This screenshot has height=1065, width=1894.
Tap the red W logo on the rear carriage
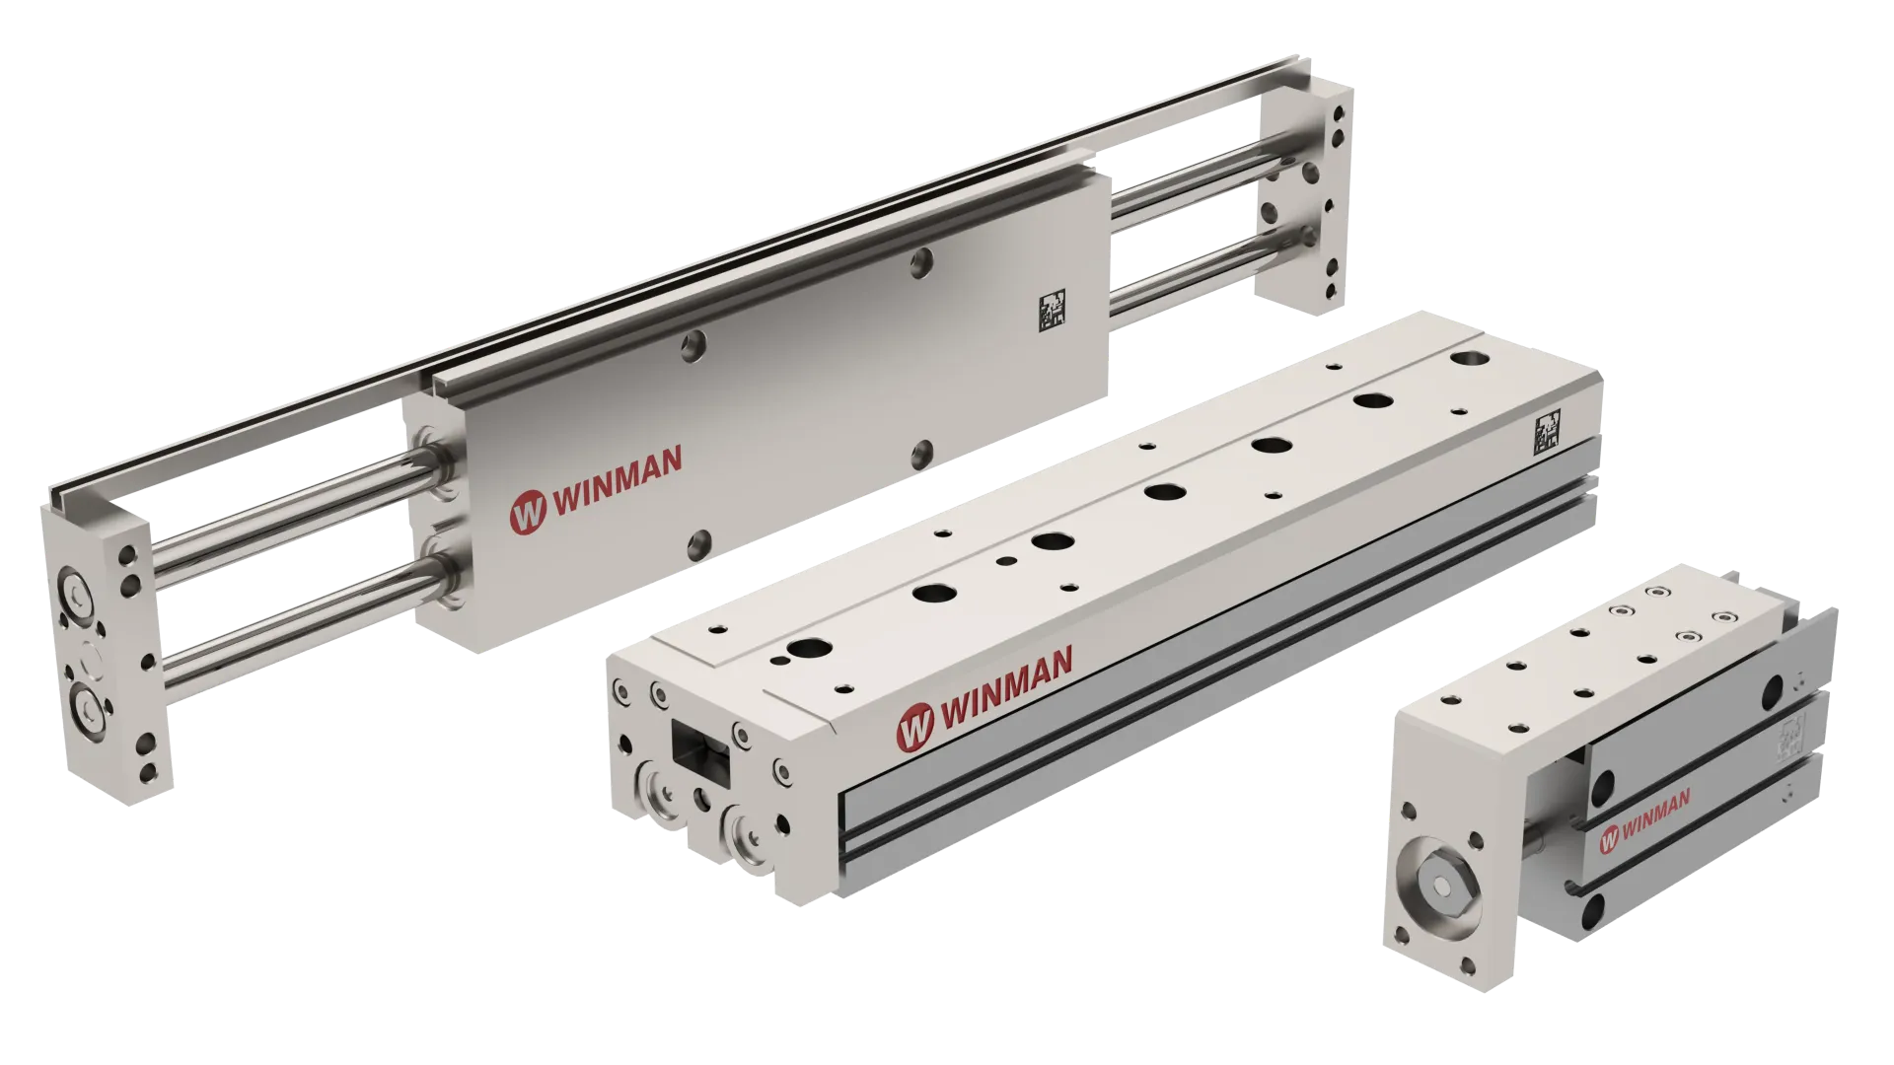tap(528, 513)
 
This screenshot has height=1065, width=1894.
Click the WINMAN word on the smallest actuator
tap(1655, 815)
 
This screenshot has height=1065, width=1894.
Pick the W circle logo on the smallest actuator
tap(1608, 838)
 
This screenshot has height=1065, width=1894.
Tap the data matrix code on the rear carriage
tap(1053, 310)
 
